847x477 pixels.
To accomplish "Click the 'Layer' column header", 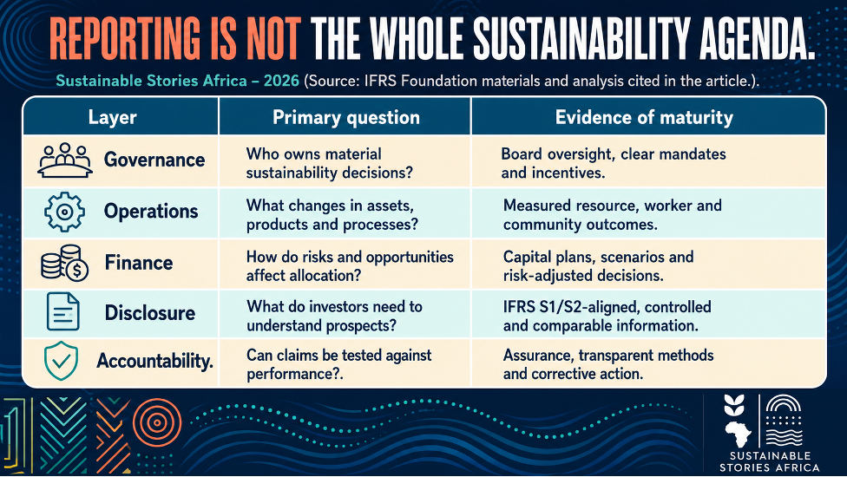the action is click(112, 118).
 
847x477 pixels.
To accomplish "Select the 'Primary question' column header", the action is click(345, 118).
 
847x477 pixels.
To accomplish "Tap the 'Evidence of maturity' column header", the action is click(644, 118).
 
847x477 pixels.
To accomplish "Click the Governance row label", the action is click(154, 160).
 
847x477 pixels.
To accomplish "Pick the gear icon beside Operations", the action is click(64, 212).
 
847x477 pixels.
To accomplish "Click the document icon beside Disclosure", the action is click(63, 311).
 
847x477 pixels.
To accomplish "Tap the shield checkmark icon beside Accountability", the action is click(61, 361).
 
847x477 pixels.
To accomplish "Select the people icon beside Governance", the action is click(65, 160).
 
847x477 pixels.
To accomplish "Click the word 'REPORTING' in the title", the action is click(125, 39).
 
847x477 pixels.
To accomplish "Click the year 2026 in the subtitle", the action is click(281, 81).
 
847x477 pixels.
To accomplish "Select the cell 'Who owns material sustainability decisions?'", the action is click(330, 163).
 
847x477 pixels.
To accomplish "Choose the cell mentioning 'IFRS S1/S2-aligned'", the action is click(607, 317).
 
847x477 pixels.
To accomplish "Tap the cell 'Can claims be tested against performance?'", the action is click(338, 364).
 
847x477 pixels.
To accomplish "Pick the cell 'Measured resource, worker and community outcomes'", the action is click(613, 215).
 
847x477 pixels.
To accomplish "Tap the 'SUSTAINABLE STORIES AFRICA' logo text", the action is click(769, 462).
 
